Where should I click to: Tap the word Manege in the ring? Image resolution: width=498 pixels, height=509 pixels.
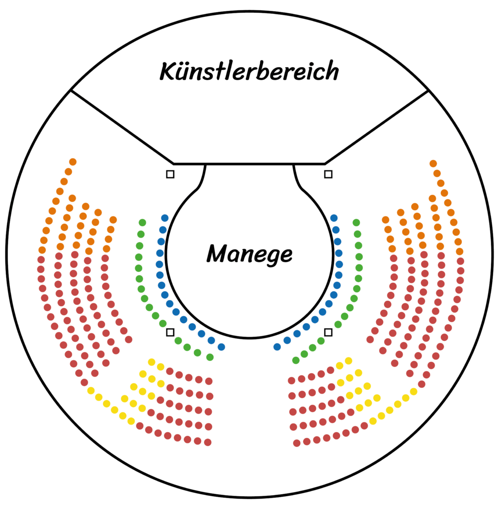tap(249, 254)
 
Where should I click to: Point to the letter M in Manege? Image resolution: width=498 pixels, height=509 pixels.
tap(218, 253)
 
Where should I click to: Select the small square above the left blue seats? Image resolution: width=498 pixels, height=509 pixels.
tap(170, 174)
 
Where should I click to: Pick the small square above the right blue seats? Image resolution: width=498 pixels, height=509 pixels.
tap(328, 174)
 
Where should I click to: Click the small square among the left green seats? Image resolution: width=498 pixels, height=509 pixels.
tap(170, 333)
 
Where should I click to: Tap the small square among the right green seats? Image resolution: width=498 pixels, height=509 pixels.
tap(328, 333)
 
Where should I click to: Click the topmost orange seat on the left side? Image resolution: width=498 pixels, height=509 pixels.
tap(73, 162)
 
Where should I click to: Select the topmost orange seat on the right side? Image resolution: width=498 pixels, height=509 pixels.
tap(433, 164)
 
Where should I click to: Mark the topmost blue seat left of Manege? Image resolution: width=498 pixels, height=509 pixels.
tap(165, 218)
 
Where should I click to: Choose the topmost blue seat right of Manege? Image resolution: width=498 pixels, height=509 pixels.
tap(333, 218)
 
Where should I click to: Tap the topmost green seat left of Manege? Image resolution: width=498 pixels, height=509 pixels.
tap(142, 223)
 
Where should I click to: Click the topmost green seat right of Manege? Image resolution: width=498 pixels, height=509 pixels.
tap(356, 223)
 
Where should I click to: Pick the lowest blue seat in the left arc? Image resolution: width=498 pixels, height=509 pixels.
tap(221, 347)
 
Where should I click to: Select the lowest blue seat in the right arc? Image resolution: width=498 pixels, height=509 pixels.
tap(277, 347)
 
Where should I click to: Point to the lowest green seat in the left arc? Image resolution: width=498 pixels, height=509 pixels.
tap(210, 357)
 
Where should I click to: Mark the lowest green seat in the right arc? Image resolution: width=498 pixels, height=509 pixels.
tap(296, 360)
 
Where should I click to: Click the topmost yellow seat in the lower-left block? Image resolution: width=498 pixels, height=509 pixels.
tap(151, 362)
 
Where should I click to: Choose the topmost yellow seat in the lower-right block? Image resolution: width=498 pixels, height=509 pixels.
tap(348, 361)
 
